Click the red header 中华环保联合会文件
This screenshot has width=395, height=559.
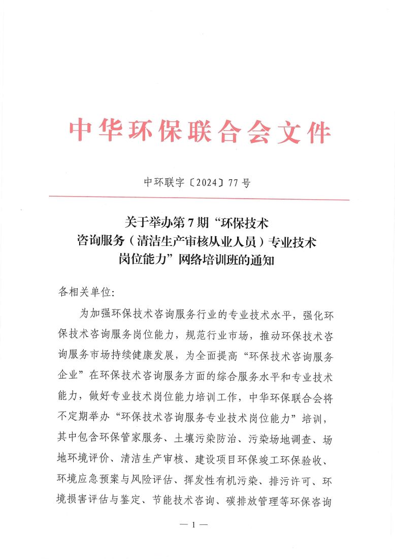coord(200,132)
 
